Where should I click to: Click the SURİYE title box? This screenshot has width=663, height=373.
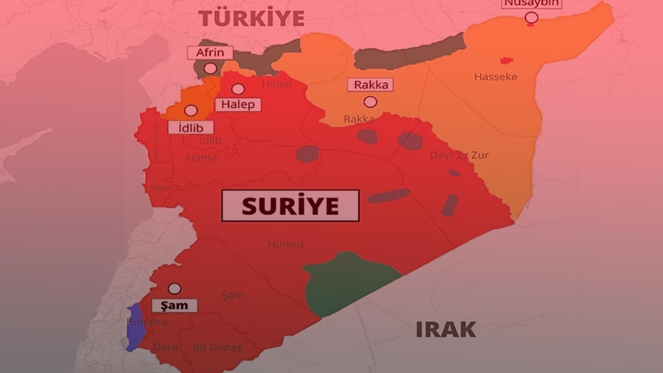[290, 206]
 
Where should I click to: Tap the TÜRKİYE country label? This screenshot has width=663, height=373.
[252, 19]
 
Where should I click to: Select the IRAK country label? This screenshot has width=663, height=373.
[445, 329]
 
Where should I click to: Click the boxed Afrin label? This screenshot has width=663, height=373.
[210, 52]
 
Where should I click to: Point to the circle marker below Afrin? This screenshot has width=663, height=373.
[210, 68]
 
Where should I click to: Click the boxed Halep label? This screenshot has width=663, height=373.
[238, 105]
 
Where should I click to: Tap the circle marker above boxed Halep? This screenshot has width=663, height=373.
[238, 89]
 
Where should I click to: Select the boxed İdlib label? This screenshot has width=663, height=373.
[191, 127]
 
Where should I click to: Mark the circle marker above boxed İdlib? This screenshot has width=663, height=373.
[191, 110]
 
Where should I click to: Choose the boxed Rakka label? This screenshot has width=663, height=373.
[370, 85]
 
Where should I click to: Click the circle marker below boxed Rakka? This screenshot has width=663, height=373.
[370, 102]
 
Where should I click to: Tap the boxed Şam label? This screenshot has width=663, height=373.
[174, 306]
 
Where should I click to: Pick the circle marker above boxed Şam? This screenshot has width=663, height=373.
[175, 289]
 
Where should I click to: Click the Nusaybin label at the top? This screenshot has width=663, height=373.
[531, 4]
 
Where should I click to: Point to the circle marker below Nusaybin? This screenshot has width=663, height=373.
[531, 18]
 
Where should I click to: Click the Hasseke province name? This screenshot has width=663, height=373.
[495, 77]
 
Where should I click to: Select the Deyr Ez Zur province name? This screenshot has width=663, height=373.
[459, 155]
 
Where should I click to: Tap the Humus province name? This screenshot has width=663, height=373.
[286, 244]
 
